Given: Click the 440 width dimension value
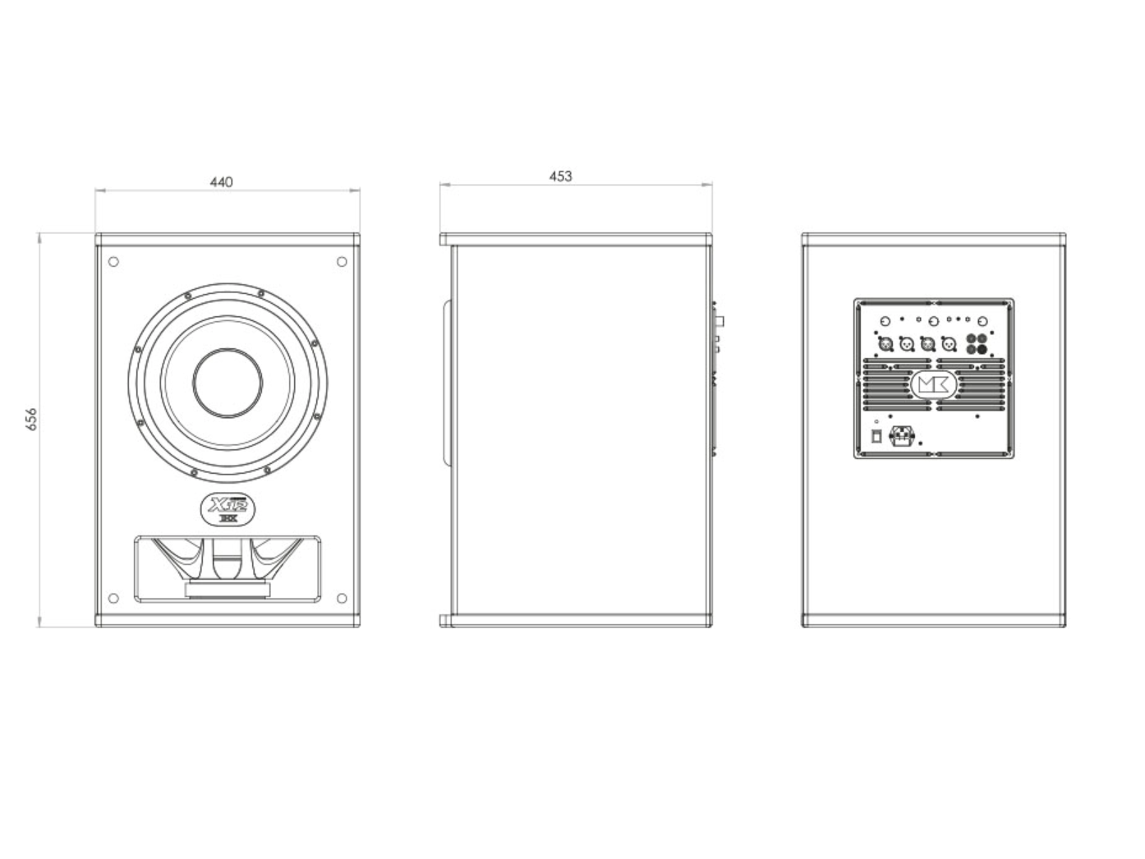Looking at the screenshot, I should coord(221,181).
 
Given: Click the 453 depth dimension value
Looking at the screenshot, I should coord(560,176).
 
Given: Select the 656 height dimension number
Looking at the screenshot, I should coord(32,419).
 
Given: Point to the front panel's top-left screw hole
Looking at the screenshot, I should coord(113,262).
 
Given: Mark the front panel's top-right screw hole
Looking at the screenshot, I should coord(342,262).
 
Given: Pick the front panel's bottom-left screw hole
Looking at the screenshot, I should coord(113,597).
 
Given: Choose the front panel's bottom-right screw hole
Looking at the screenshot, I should coord(342,597).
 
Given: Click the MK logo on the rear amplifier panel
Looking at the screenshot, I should coord(933,384).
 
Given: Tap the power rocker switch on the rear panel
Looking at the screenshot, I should coord(876,435).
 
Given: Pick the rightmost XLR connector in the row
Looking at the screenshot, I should coord(949,345).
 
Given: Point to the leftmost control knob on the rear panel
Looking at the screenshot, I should coord(885,321).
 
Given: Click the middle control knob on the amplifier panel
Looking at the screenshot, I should coord(934,321).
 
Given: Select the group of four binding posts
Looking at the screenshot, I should coord(977,344).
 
